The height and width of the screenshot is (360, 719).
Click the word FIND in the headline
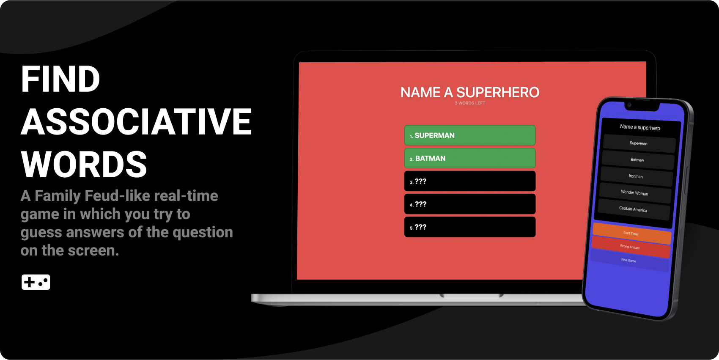tap(60, 79)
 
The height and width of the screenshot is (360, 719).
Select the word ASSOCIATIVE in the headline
tap(136, 122)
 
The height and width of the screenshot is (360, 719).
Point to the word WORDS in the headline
tap(84, 165)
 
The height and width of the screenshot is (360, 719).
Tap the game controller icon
tap(36, 282)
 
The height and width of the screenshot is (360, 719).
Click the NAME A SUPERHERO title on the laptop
tap(469, 92)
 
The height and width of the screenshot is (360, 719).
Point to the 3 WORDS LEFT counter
tap(469, 103)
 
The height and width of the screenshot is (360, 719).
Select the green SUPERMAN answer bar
tap(469, 135)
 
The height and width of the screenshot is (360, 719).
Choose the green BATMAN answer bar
tap(469, 158)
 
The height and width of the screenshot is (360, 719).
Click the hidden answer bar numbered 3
tap(469, 181)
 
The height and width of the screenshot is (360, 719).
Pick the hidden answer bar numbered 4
tap(469, 204)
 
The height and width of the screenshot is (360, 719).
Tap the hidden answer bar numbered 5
tap(469, 227)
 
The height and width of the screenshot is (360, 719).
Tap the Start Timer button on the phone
tap(631, 233)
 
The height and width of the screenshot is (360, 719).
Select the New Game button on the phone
tap(629, 261)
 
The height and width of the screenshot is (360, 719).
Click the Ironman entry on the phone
tap(636, 176)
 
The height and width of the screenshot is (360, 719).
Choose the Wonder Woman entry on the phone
tap(634, 193)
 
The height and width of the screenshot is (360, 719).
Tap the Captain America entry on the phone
tap(633, 209)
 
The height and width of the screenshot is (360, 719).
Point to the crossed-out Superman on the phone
tap(639, 143)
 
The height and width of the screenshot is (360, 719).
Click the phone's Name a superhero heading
tap(640, 127)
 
